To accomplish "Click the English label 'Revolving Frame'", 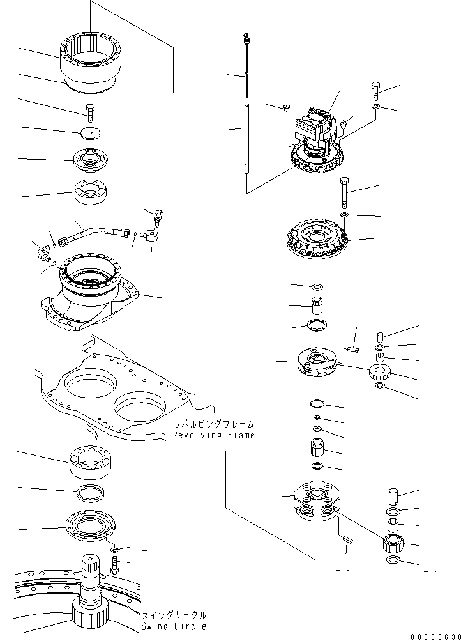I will [x=213, y=435].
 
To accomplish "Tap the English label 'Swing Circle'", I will [x=174, y=626].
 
